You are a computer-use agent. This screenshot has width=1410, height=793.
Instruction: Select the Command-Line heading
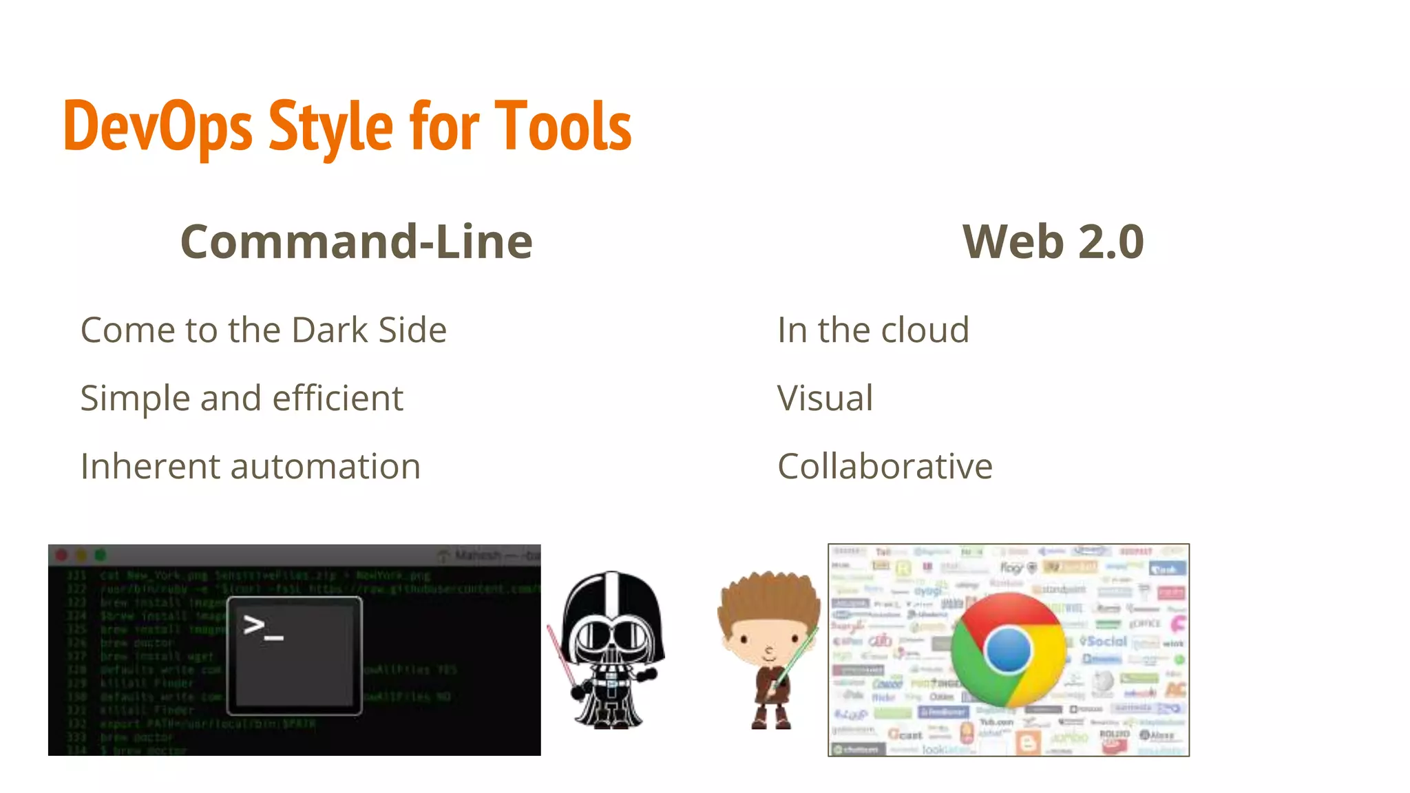point(356,242)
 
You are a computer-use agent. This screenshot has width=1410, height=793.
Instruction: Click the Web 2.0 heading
point(1053,242)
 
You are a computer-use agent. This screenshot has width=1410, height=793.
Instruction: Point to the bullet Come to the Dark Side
point(264,330)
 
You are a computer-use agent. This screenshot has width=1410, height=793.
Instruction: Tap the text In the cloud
point(873,330)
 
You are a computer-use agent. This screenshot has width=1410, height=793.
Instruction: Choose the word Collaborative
point(885,466)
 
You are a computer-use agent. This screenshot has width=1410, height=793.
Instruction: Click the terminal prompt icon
point(294,655)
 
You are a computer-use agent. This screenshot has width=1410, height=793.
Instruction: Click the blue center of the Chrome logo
point(1008,650)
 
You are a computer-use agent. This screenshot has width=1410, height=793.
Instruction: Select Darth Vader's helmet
point(613,606)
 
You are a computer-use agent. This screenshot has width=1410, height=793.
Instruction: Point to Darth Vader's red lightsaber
point(562,654)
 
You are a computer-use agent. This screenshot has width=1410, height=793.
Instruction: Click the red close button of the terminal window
point(61,555)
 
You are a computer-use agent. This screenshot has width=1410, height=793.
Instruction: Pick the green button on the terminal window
point(101,555)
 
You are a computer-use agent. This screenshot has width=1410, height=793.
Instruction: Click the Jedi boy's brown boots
point(770,719)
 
